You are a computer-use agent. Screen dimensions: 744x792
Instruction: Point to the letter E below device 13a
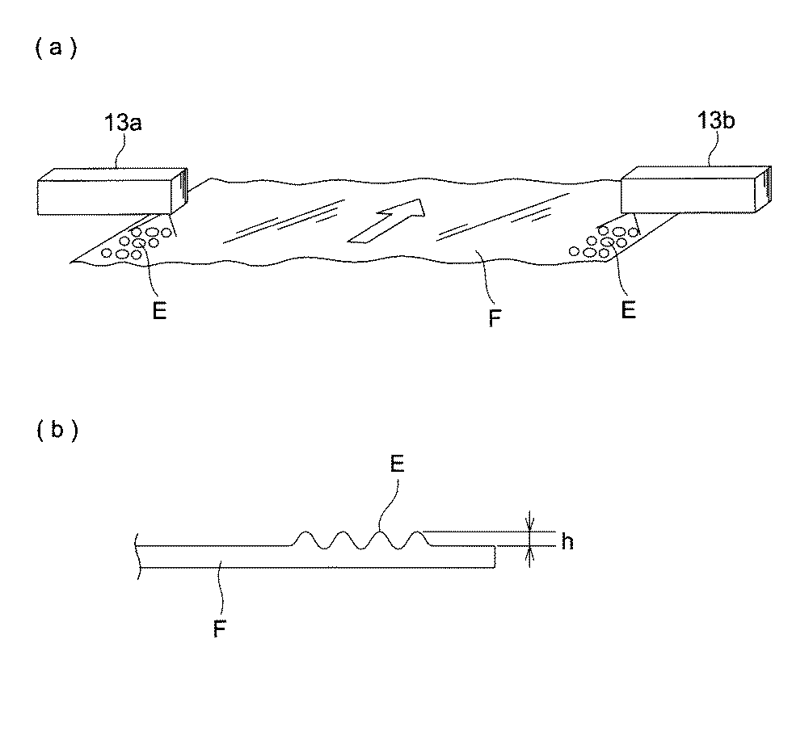coord(159,312)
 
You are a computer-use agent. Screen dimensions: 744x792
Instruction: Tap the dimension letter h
coord(567,542)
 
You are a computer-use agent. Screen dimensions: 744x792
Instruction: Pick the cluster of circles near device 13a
coord(137,242)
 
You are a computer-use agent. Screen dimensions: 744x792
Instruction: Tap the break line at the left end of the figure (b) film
coord(139,556)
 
